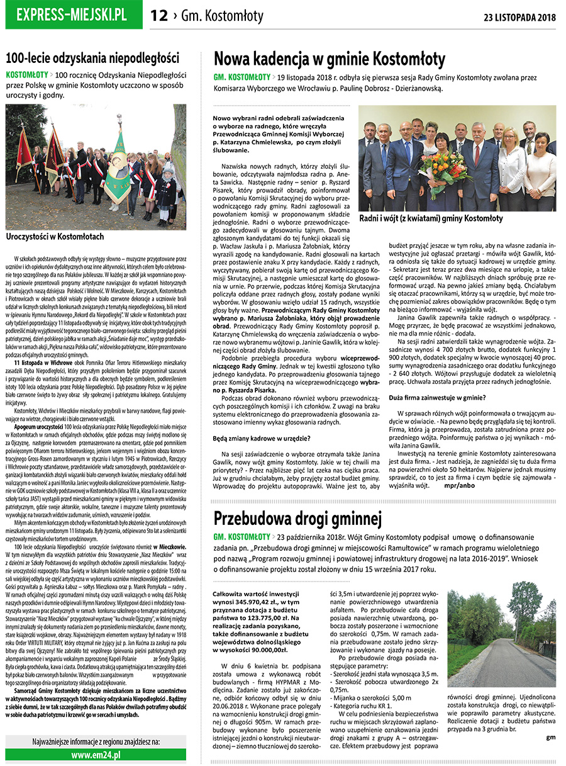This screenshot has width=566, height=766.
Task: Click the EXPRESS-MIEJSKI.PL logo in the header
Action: pyautogui.click(x=72, y=14)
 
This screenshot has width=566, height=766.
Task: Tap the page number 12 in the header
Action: pyautogui.click(x=159, y=16)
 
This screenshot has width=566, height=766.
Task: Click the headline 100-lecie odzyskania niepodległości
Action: pyautogui.click(x=92, y=58)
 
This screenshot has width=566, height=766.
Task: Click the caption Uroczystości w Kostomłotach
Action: pyautogui.click(x=55, y=237)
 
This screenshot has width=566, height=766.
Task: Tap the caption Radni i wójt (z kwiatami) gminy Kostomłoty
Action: pyautogui.click(x=431, y=218)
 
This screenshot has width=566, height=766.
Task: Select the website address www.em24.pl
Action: pyautogui.click(x=96, y=755)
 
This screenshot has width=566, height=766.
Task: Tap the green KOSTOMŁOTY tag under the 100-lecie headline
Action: pyautogui.click(x=31, y=74)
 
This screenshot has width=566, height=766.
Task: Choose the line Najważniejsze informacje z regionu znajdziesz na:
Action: pyautogui.click(x=96, y=741)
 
